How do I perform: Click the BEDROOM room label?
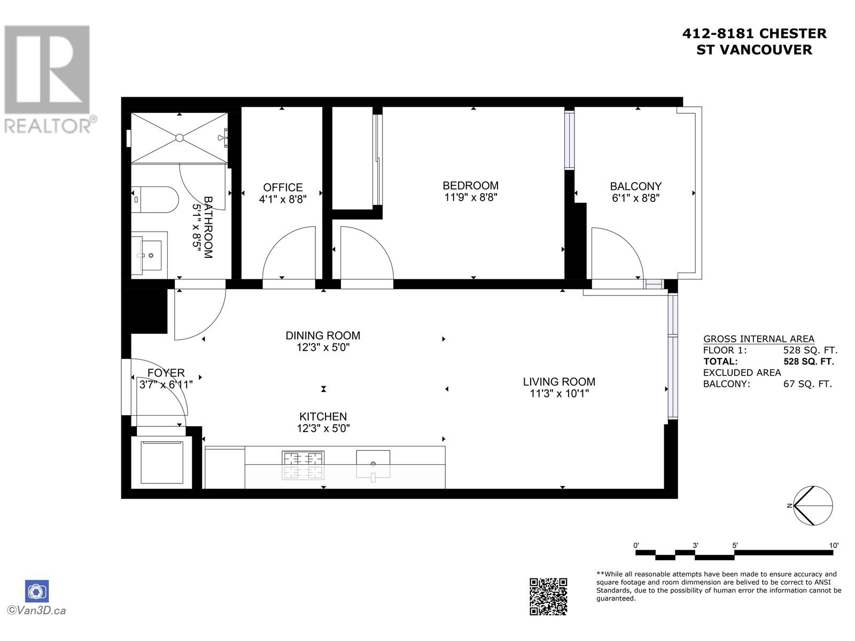pyautogui.click(x=470, y=185)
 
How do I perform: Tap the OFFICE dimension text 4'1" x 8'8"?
pyautogui.click(x=283, y=199)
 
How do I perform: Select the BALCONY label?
pyautogui.click(x=635, y=186)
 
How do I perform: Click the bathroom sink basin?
pyautogui.click(x=150, y=255)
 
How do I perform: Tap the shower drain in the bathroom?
pyautogui.click(x=180, y=138)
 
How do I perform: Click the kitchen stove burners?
pyautogui.click(x=303, y=465)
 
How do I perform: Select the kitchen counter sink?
pyautogui.click(x=373, y=464)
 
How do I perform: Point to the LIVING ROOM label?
pyautogui.click(x=559, y=381)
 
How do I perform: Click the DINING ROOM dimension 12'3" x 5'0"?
pyautogui.click(x=323, y=347)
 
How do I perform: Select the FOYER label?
pyautogui.click(x=166, y=373)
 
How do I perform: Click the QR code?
pyautogui.click(x=548, y=596)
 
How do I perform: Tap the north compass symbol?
pyautogui.click(x=813, y=505)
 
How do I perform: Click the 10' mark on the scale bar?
pyautogui.click(x=834, y=545)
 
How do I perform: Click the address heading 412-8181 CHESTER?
pyautogui.click(x=754, y=34)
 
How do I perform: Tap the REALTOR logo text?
pyautogui.click(x=48, y=126)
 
